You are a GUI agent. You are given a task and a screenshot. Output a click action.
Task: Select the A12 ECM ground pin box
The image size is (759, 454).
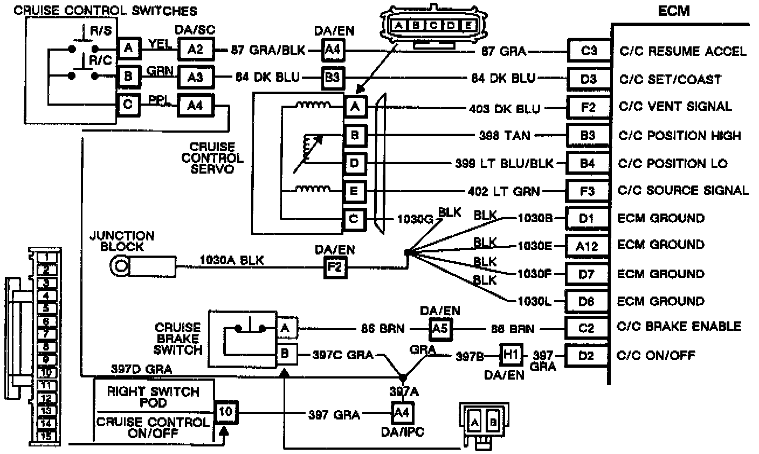(x=586, y=246)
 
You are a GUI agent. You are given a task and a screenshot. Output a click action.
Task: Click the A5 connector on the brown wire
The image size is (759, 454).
(x=441, y=328)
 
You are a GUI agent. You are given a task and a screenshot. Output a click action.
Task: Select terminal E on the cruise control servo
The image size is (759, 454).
(x=354, y=191)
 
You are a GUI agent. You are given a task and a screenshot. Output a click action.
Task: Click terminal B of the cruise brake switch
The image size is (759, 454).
(x=285, y=355)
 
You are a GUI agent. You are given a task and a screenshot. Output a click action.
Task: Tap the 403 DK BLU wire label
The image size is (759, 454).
(x=504, y=108)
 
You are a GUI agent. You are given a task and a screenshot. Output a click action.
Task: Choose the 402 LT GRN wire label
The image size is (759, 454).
(x=503, y=191)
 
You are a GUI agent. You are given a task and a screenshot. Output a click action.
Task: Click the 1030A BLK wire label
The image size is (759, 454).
(x=232, y=260)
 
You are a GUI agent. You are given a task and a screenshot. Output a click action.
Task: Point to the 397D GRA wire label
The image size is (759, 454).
(x=142, y=369)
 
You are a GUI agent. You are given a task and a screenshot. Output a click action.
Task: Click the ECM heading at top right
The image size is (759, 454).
(x=674, y=11)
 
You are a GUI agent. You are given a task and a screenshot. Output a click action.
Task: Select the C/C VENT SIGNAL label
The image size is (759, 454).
(x=675, y=107)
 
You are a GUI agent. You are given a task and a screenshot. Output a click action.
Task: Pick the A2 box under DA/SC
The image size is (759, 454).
(x=196, y=50)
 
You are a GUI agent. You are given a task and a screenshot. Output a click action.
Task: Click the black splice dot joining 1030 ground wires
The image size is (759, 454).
(x=407, y=251)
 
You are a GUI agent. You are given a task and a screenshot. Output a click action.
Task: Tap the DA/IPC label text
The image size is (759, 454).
(x=401, y=432)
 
